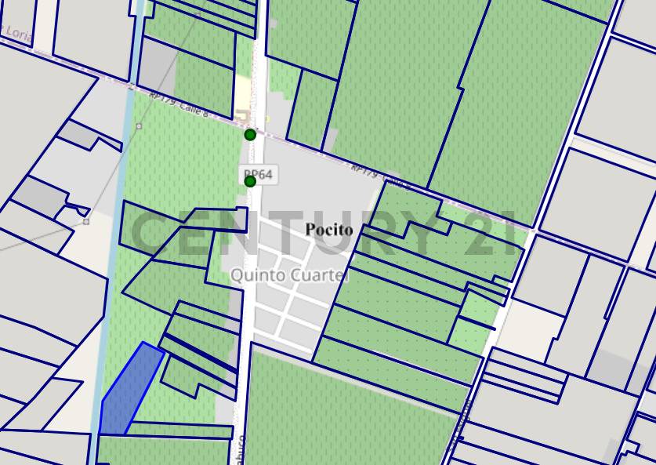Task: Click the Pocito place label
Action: [x=329, y=230]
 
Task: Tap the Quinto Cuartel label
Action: [x=289, y=276]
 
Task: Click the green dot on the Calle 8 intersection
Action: [x=250, y=135]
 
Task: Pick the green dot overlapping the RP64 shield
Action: [x=250, y=182]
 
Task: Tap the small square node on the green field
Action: [x=139, y=126]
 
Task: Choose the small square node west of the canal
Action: [x=86, y=221]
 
